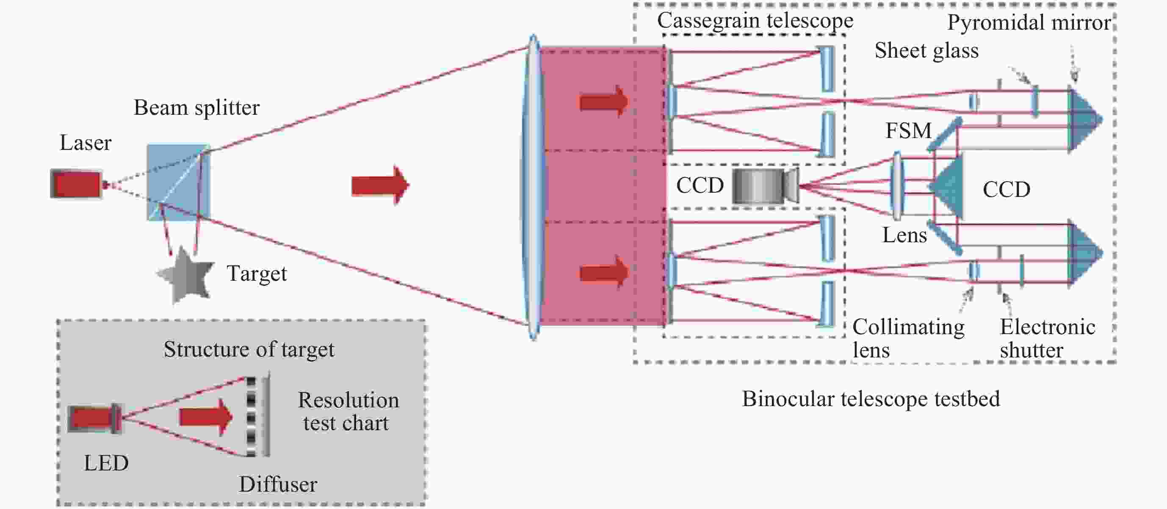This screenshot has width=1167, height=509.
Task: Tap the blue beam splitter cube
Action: click(179, 182)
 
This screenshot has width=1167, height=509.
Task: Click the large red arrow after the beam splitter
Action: click(380, 185)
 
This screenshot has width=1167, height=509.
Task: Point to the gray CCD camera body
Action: click(765, 186)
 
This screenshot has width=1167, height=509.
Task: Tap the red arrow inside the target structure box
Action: click(206, 417)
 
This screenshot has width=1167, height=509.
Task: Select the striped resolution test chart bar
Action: click(251, 416)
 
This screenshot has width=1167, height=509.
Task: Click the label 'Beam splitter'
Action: click(196, 108)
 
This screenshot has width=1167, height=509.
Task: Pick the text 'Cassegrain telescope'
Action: click(755, 21)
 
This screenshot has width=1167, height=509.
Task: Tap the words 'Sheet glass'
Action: click(926, 50)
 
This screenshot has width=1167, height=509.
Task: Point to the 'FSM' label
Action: click(908, 130)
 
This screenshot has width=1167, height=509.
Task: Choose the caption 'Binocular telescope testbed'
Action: click(871, 399)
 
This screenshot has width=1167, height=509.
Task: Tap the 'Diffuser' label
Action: click(278, 484)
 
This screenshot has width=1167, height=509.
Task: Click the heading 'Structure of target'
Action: click(249, 349)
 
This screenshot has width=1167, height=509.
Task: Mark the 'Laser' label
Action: click(86, 143)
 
